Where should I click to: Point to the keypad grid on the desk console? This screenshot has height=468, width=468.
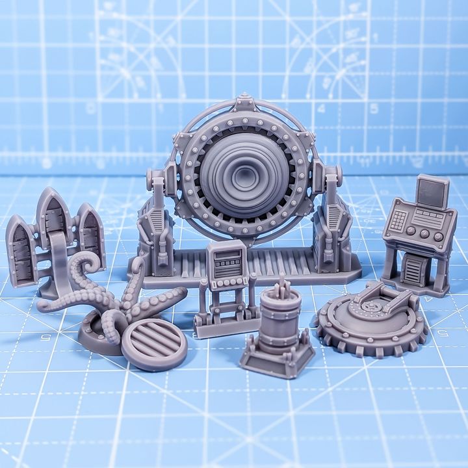[398, 220]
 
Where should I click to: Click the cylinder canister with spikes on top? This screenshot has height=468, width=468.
[279, 319]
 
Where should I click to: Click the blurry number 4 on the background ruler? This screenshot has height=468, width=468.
[320, 109]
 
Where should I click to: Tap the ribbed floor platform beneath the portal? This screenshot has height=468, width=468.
[273, 264]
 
